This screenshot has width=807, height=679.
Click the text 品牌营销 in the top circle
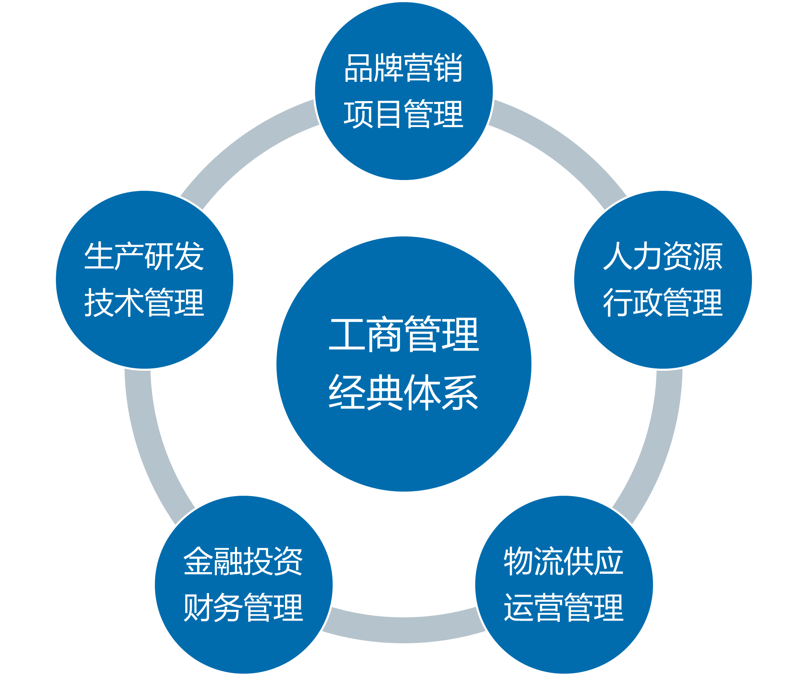(403, 68)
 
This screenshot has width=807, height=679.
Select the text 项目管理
(403, 114)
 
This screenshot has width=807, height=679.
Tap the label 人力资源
(662, 256)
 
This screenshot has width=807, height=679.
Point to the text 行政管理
(662, 303)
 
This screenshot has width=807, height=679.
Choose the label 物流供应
(563, 561)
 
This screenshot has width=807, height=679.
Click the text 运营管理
(563, 607)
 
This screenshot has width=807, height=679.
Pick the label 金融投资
(243, 561)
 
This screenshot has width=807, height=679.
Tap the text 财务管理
(243, 607)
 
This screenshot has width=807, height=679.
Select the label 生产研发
(144, 256)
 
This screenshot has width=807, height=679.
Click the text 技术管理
(144, 303)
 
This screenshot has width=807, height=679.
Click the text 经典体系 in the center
(404, 393)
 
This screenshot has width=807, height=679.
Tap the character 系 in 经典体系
(460, 393)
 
